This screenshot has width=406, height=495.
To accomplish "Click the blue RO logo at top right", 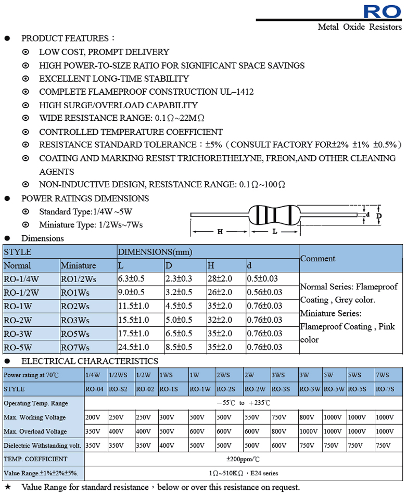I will [382, 11].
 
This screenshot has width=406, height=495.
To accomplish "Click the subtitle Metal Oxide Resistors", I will [360, 27].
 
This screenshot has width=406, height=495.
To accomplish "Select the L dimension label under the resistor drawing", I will [275, 232].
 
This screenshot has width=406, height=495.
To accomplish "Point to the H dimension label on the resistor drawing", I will [220, 232].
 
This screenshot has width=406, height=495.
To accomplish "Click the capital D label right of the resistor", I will [379, 216].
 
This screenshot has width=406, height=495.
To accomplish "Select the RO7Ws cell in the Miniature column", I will [75, 347].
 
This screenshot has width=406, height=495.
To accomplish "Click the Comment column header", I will [318, 259].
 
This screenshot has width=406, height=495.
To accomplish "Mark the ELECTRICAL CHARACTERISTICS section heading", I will [90, 361].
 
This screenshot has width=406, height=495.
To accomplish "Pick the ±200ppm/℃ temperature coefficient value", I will [243, 459].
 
